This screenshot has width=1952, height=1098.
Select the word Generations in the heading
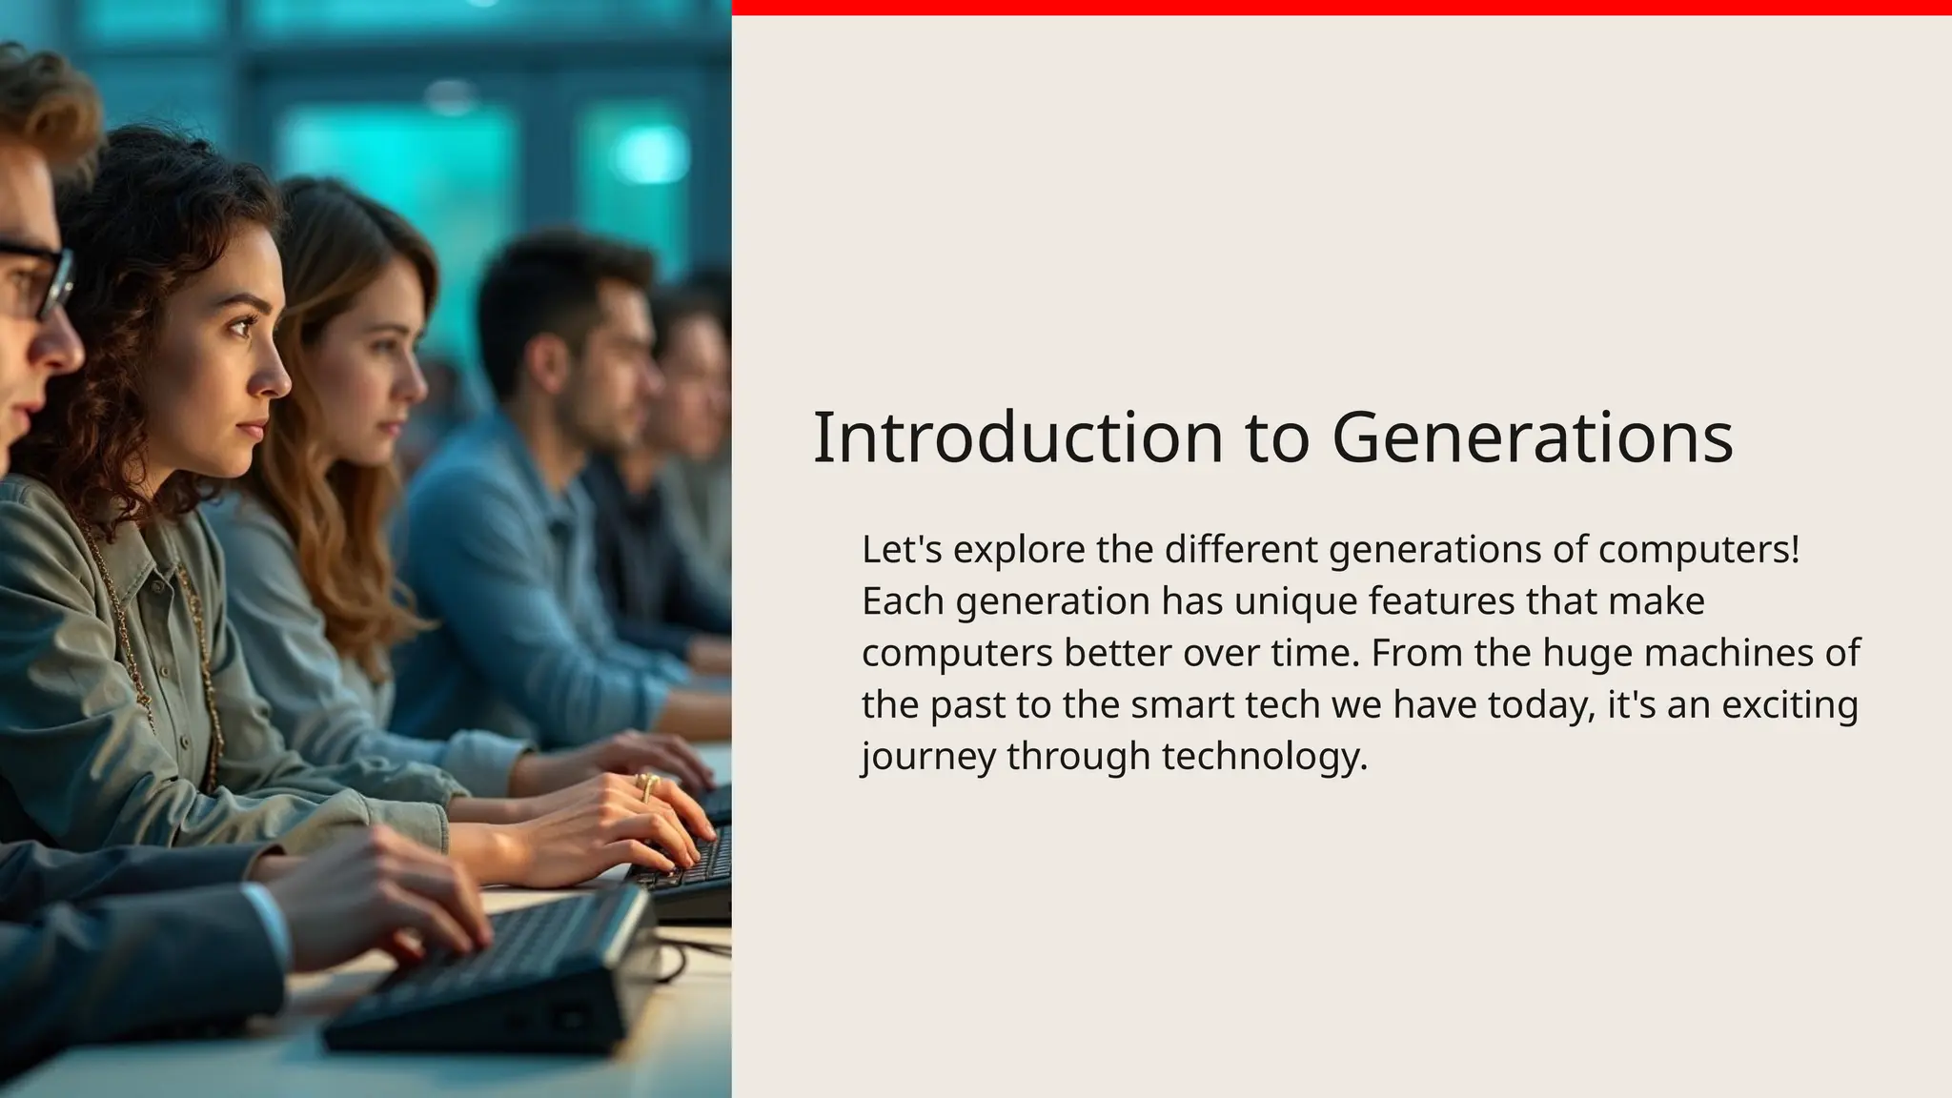[x=1532, y=437]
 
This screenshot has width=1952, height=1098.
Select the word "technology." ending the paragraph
[x=1265, y=758]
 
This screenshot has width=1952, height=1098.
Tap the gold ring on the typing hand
[x=647, y=784]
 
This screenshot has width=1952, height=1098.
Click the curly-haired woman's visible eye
[x=240, y=326]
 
